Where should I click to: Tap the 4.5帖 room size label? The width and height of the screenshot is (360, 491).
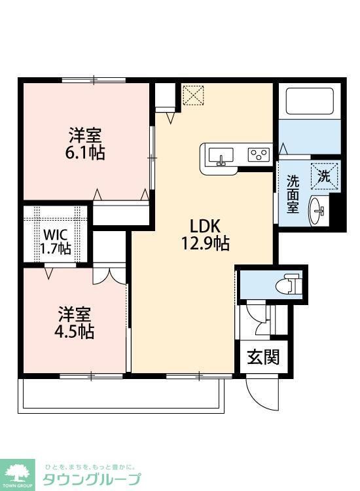(x=74, y=331)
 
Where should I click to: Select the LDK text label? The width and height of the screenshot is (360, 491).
(x=204, y=227)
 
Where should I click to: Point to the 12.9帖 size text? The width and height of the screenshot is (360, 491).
(x=205, y=244)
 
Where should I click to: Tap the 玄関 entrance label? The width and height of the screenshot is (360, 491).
(x=263, y=357)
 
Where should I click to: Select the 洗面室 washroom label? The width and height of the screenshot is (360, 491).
(x=293, y=193)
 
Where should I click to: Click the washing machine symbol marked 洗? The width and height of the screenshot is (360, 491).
(x=325, y=175)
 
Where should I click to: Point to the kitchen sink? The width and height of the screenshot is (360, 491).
(x=221, y=156)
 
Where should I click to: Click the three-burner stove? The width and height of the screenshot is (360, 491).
(x=258, y=155)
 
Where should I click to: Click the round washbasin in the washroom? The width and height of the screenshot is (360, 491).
(x=319, y=209)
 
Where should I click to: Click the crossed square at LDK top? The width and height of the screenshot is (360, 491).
(x=193, y=96)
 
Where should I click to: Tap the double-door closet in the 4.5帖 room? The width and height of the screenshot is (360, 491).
(x=108, y=276)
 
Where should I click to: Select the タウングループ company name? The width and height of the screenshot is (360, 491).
(x=92, y=479)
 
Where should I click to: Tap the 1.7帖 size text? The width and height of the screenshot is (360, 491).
(x=56, y=248)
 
